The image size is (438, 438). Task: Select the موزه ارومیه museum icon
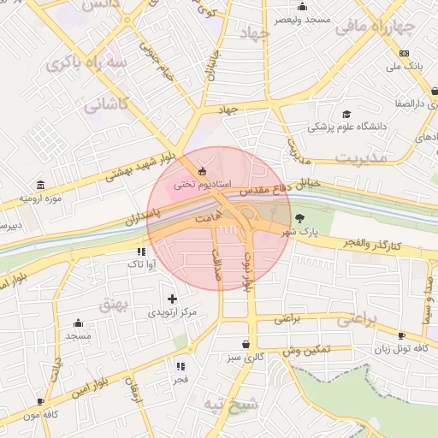(40, 185)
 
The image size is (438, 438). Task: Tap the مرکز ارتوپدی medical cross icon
(173, 299)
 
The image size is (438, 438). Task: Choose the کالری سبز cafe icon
(246, 344)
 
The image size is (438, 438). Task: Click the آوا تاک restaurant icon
(141, 252)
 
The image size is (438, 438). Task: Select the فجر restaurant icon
(181, 366)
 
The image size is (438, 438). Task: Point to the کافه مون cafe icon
(40, 401)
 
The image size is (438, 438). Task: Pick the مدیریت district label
(362, 158)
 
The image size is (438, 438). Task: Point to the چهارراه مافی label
(376, 27)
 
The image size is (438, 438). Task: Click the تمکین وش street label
(305, 351)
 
